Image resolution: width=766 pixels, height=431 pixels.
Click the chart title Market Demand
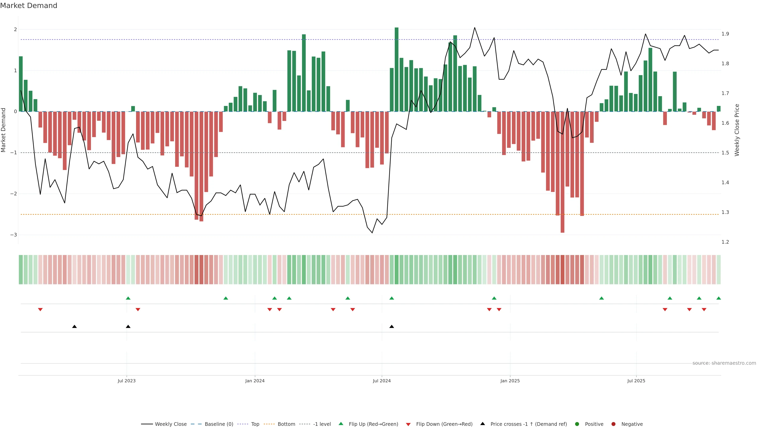click(x=29, y=6)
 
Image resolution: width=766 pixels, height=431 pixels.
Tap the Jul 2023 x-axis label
click(x=126, y=381)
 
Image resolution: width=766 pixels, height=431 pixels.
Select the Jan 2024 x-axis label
click(x=255, y=381)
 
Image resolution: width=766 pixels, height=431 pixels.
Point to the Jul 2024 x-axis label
click(x=382, y=381)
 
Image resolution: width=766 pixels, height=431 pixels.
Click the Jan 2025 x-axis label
click(x=510, y=381)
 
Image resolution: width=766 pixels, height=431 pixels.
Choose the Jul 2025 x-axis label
click(x=636, y=381)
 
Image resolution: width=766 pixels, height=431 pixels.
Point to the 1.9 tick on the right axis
click(x=725, y=34)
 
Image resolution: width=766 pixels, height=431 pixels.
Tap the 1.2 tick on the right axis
click(x=725, y=242)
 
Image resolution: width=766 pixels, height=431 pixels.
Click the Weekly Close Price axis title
click(x=737, y=130)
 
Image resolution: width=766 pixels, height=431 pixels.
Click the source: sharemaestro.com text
click(x=724, y=363)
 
